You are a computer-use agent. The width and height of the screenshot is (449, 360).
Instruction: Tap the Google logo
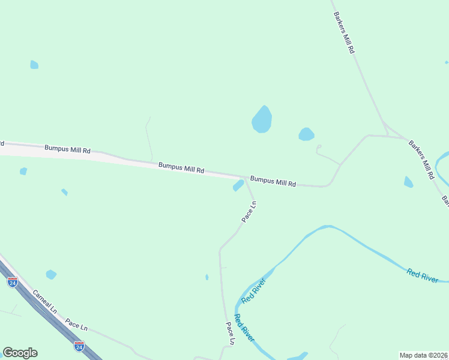click(x=20, y=353)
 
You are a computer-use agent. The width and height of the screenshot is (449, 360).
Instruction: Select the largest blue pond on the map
click(x=262, y=119)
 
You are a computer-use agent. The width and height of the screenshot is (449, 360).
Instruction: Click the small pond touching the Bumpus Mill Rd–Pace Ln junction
click(x=238, y=186)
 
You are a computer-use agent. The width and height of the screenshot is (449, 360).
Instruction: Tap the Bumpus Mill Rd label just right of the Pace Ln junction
click(x=273, y=181)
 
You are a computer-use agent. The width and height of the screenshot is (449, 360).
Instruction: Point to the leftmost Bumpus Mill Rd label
click(x=67, y=149)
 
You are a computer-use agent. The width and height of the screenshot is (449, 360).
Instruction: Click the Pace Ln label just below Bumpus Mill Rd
click(x=249, y=212)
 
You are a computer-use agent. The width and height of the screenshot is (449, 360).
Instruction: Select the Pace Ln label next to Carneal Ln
click(x=76, y=325)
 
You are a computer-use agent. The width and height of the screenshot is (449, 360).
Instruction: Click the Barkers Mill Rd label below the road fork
click(x=421, y=160)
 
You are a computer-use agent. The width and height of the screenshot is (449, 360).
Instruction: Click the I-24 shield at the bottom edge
click(x=79, y=346)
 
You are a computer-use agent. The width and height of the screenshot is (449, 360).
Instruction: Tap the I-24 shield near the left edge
click(x=13, y=282)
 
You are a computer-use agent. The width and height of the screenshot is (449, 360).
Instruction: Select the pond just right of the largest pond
click(x=306, y=134)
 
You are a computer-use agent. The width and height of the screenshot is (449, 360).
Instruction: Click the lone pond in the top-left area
click(x=34, y=65)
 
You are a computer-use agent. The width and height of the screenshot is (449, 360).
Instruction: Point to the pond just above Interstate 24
click(x=51, y=274)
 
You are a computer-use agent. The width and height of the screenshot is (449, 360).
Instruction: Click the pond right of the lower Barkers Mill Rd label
click(x=408, y=182)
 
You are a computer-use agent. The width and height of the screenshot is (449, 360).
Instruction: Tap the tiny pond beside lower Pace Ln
click(x=207, y=277)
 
